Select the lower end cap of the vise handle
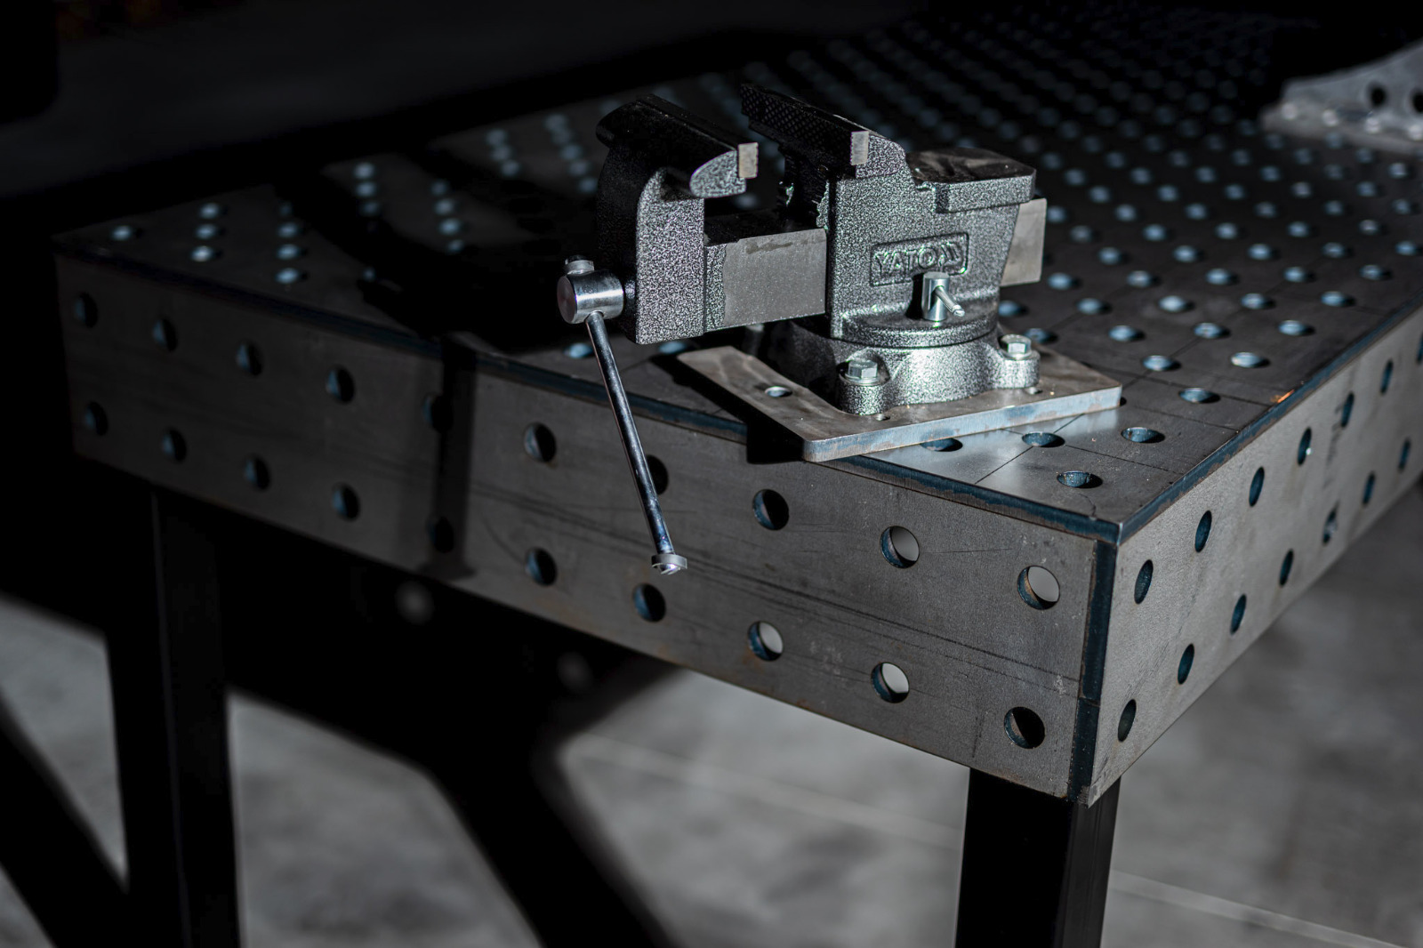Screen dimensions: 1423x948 pyautogui.click(x=669, y=562)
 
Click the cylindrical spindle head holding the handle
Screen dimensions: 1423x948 pyautogui.click(x=590, y=295)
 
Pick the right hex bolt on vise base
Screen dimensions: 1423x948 pyautogui.click(x=1015, y=347)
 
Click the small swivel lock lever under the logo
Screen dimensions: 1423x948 pyautogui.click(x=939, y=296)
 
